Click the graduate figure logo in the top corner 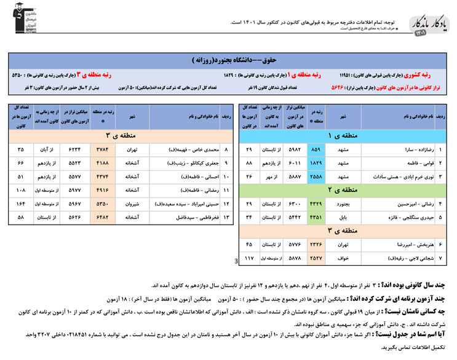coord(25,22)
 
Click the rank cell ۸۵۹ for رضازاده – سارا coord(316,150)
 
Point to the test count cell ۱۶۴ coord(22,204)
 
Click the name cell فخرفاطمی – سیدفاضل coord(185,217)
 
